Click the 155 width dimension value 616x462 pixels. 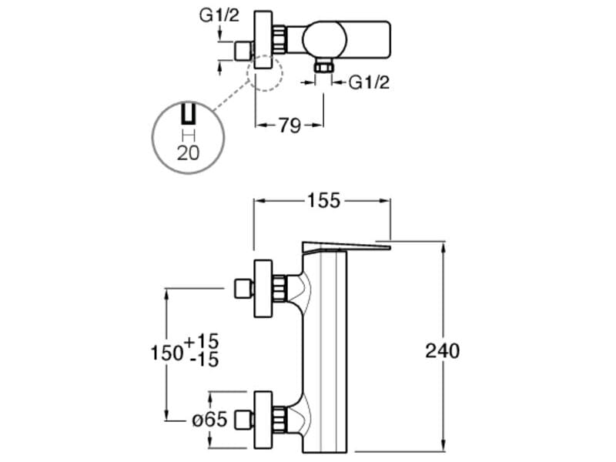point(323,201)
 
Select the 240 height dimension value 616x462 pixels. point(442,351)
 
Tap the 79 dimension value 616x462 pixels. point(289,126)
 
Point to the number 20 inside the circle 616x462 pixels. point(188,152)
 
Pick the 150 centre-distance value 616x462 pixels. point(166,351)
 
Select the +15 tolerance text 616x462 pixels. point(203,340)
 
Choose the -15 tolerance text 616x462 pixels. point(203,360)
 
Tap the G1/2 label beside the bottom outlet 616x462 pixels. point(369,82)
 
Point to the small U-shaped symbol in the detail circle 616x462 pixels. point(188,116)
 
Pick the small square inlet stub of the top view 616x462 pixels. point(243,52)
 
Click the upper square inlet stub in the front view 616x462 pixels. point(243,290)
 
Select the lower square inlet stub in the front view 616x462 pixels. point(243,420)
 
